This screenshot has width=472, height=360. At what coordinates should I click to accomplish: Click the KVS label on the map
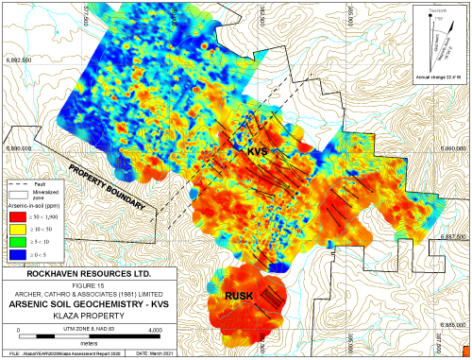tap(259, 152)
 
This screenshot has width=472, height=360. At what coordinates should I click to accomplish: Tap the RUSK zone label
tap(238, 297)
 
